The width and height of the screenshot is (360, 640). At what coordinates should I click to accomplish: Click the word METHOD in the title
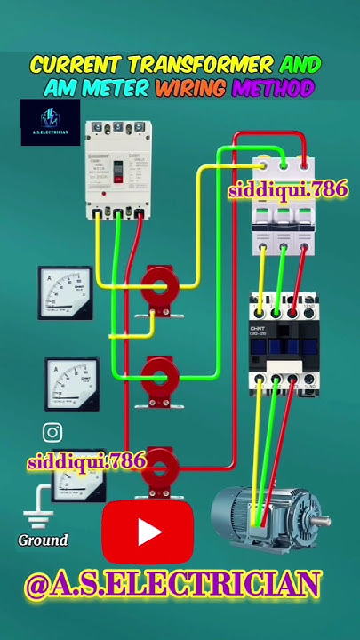[273, 88]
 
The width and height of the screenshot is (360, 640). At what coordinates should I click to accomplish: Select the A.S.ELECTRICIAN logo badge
[51, 123]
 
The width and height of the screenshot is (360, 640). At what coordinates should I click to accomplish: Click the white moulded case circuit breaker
[115, 169]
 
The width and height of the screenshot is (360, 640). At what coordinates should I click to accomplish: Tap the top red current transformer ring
[161, 286]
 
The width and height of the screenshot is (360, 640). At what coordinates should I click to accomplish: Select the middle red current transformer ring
[161, 377]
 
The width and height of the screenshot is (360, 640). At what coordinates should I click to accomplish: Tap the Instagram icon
[52, 433]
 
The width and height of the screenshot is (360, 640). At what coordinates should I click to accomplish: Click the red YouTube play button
[148, 532]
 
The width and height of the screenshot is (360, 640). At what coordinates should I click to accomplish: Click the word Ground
[43, 540]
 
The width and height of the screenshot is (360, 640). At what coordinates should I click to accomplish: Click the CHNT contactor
[284, 343]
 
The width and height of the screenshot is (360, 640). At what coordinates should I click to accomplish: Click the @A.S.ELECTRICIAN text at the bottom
[172, 585]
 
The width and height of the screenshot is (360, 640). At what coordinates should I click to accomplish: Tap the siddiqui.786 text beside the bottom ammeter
[86, 461]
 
